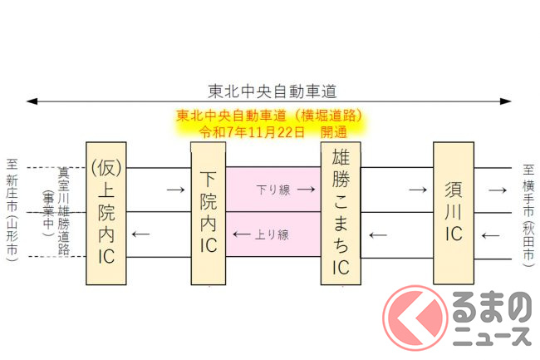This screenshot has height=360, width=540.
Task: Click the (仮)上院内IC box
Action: pyautogui.click(x=106, y=214)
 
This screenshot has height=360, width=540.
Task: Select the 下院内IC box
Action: pyautogui.click(x=209, y=214)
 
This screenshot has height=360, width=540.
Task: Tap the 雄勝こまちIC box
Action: pyautogui.click(x=341, y=214)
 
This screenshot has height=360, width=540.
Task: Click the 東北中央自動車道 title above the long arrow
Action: pyautogui.click(x=269, y=90)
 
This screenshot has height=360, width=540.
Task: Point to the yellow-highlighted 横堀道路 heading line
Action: pyautogui.click(x=269, y=116)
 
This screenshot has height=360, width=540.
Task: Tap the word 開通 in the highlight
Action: pyautogui.click(x=334, y=132)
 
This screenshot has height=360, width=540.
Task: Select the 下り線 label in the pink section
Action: pyautogui.click(x=274, y=190)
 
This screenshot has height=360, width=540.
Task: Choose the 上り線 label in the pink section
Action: pyautogui.click(x=272, y=234)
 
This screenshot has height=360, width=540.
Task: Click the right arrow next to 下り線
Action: pyautogui.click(x=306, y=190)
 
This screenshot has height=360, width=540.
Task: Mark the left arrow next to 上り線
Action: pyautogui.click(x=242, y=234)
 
